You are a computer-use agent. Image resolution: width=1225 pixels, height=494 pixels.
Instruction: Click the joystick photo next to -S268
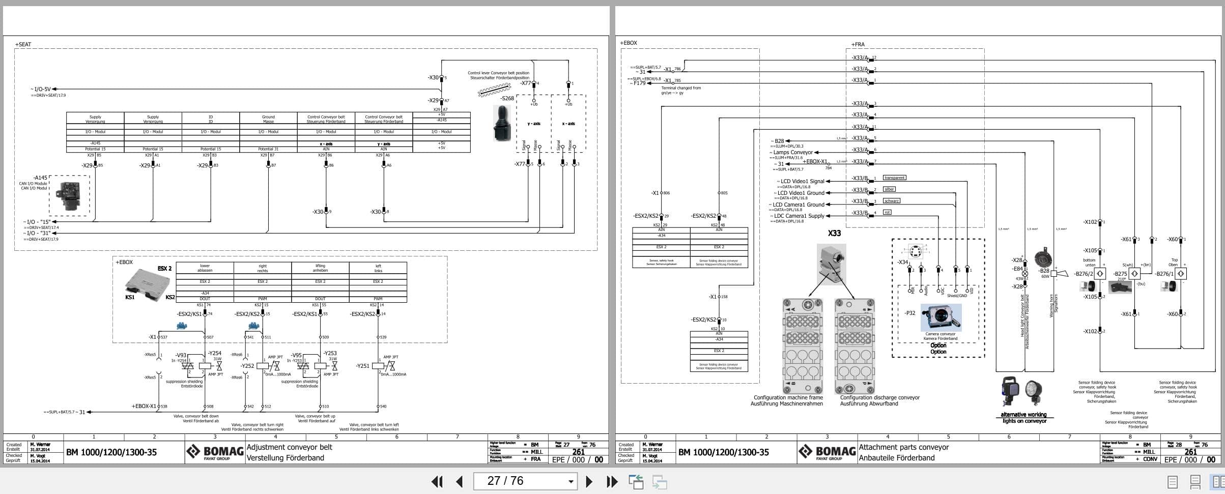tap(502, 123)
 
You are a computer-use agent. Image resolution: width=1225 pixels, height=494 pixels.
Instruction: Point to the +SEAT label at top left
tap(23, 44)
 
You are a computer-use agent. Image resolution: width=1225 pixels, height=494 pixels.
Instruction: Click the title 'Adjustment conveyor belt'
tap(289, 447)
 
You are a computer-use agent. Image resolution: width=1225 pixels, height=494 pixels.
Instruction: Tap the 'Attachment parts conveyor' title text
tap(903, 447)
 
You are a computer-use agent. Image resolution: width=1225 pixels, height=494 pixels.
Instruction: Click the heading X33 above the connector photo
tap(834, 234)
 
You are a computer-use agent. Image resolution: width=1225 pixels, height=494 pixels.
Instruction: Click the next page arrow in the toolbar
tap(589, 481)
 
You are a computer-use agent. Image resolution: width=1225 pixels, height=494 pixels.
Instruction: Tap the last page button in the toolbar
tap(612, 481)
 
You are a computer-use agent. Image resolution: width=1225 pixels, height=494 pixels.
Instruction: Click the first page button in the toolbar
tap(437, 481)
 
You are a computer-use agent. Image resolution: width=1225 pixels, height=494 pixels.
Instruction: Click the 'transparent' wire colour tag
tap(894, 178)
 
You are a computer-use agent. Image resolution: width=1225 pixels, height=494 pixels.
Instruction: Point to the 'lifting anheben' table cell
tap(320, 268)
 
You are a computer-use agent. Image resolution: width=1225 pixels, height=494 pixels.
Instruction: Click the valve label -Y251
tap(363, 366)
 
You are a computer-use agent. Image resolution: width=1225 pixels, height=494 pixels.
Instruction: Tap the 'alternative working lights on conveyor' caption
tap(1024, 418)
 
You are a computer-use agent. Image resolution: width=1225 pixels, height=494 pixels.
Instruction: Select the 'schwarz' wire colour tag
tap(892, 201)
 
